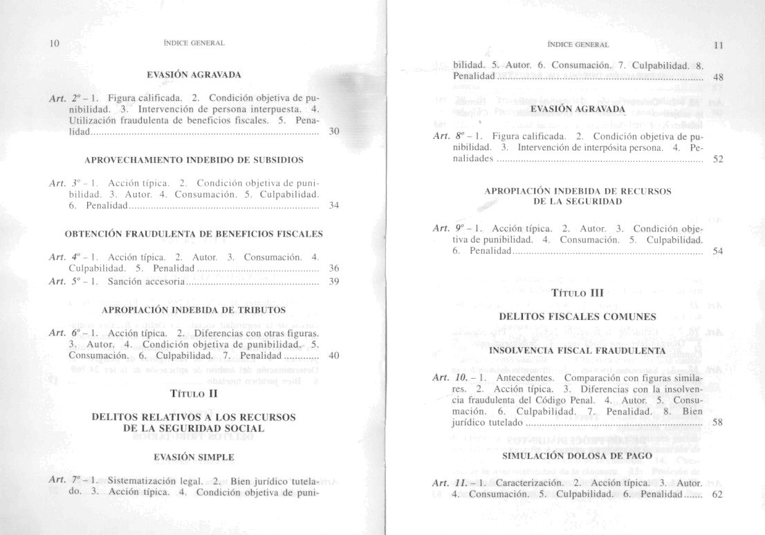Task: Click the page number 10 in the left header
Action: [x=55, y=44]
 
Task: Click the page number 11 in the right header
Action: [x=718, y=46]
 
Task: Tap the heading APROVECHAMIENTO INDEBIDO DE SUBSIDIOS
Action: [x=193, y=160]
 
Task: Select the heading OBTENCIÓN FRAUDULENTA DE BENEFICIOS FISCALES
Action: [x=193, y=234]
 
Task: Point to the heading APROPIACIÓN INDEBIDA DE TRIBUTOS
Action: [x=193, y=310]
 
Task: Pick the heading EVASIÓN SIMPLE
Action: [x=194, y=457]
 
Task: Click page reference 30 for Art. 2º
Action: [x=334, y=131]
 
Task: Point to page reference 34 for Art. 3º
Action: [x=334, y=206]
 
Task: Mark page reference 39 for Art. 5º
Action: [x=334, y=281]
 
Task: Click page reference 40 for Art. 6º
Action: [x=334, y=356]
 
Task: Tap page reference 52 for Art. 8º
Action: [x=718, y=159]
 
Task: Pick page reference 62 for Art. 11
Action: [x=717, y=495]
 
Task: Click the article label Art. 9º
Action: [x=446, y=227]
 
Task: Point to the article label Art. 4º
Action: [x=62, y=257]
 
